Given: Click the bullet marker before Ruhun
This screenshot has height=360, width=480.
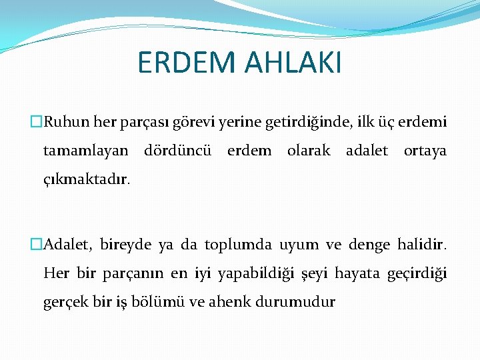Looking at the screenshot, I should [37, 123].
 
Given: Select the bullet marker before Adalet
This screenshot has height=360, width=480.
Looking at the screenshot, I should [37, 245].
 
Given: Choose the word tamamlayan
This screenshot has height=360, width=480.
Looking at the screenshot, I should [86, 151].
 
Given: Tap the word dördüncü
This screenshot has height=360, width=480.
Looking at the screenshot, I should [178, 151].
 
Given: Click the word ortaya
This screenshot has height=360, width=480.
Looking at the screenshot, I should [425, 151].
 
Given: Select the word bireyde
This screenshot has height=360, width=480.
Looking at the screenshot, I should [126, 245].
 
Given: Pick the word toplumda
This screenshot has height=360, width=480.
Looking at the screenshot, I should [238, 245].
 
